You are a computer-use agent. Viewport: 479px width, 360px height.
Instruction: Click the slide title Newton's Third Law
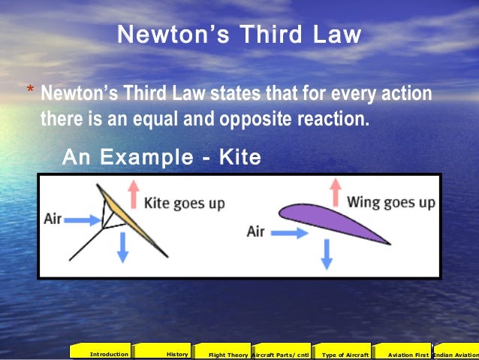point(239,35)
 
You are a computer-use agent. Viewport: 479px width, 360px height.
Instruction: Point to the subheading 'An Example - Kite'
point(161,158)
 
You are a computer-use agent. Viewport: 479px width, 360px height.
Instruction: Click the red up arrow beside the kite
point(134,195)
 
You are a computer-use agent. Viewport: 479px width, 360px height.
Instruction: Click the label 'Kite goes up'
point(184,203)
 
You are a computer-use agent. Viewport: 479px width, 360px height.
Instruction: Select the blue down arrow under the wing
point(326,253)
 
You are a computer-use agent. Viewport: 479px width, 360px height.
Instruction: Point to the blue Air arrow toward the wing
point(289,233)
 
